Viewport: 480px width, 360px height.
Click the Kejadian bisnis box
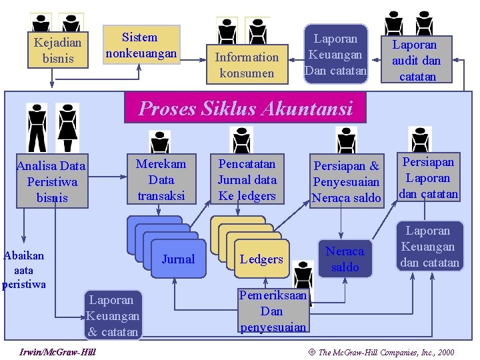(58, 50)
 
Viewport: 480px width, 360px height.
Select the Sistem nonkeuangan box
(140, 45)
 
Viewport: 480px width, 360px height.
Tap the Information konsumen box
(247, 65)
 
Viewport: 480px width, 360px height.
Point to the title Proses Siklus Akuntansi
(245, 108)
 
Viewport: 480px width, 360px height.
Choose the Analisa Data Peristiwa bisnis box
(51, 181)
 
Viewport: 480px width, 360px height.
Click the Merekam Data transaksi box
(161, 179)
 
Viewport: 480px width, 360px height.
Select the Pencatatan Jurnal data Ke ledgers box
(247, 179)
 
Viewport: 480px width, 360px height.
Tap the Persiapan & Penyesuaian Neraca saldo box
(347, 181)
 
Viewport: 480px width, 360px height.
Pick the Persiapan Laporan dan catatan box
(429, 178)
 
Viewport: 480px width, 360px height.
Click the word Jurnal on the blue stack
(178, 259)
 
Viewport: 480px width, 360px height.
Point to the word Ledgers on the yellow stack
(261, 259)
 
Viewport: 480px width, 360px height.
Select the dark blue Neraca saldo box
(345, 259)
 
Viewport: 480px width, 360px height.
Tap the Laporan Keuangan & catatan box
(113, 315)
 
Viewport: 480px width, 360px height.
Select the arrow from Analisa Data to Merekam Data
(107, 177)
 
